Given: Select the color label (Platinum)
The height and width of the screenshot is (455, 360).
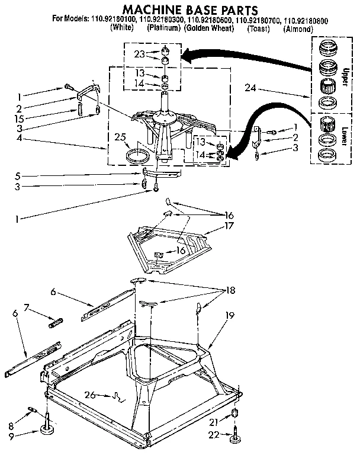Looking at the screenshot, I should (x=163, y=28).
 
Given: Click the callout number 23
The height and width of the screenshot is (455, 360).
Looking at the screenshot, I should (x=139, y=53).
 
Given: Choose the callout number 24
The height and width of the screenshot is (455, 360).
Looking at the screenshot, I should (x=251, y=88).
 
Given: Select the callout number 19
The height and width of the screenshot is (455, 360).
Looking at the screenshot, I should (x=229, y=316).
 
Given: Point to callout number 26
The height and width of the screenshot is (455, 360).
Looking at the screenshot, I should (x=89, y=395).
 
